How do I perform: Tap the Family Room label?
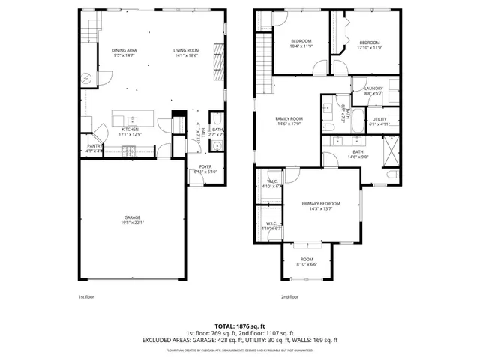point(289,121)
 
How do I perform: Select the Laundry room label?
point(373,90)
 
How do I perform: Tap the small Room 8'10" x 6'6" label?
point(307,261)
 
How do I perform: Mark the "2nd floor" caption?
point(290,297)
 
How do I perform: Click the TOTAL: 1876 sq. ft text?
point(239,325)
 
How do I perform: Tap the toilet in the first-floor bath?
point(216,119)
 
